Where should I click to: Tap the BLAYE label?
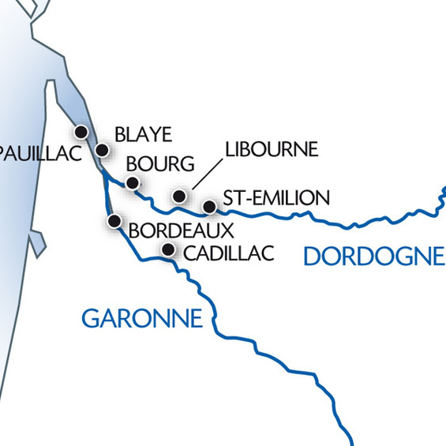143,134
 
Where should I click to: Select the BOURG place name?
160,164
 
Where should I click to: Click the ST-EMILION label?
275,197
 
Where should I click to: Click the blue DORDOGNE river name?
373,256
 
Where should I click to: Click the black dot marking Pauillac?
81,131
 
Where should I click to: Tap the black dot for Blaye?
102,149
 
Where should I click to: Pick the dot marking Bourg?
133,182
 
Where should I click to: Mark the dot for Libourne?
179,196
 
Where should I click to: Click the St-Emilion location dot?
209,207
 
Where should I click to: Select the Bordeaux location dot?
114,220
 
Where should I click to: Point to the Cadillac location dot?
167,250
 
